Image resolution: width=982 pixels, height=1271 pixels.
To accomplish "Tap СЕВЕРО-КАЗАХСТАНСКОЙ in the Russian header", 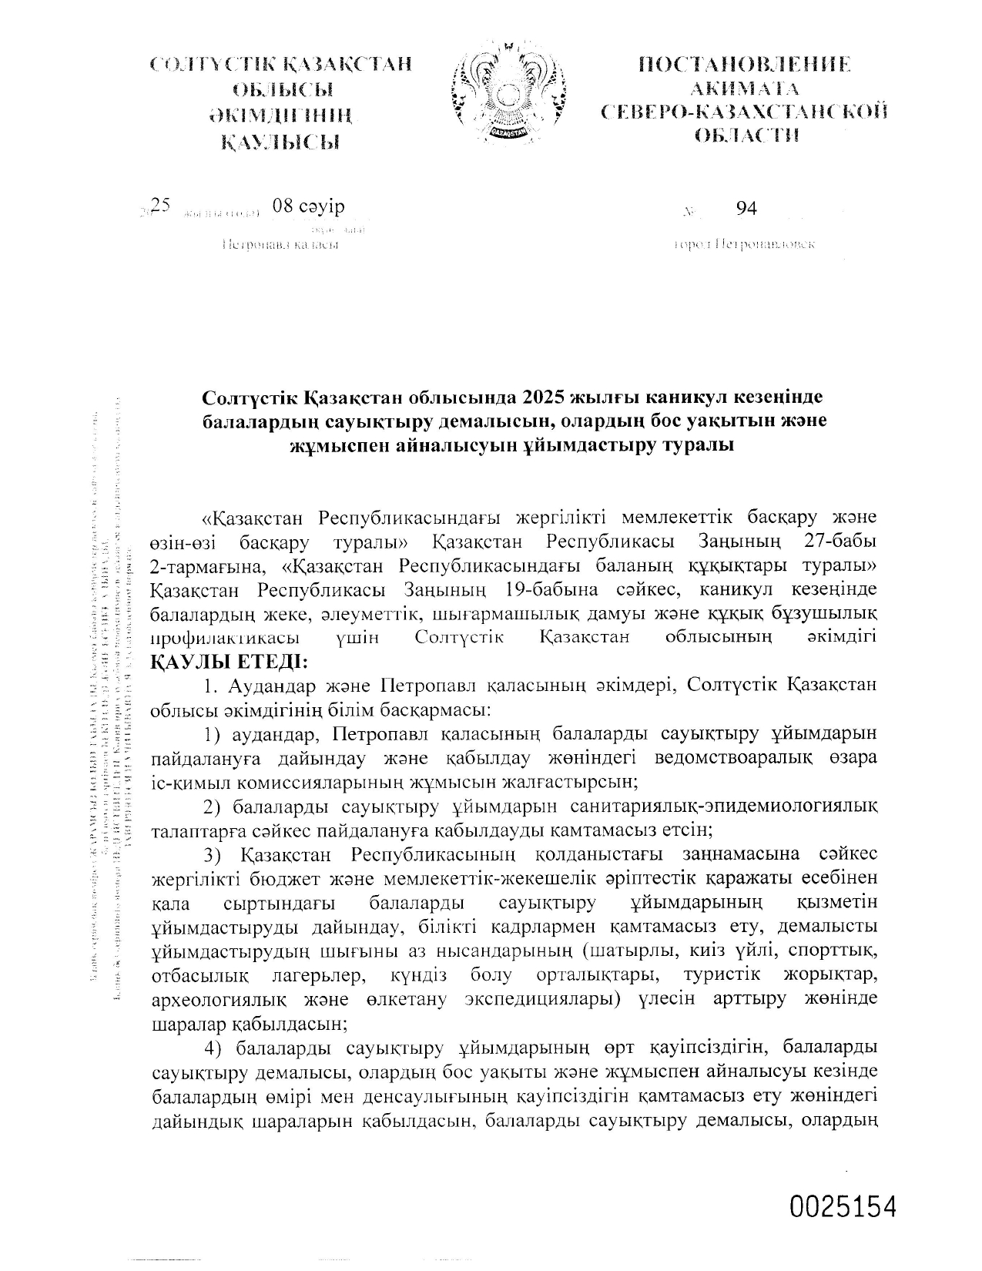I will point(744,112).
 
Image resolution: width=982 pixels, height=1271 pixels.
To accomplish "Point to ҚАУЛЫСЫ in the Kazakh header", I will point(280,142).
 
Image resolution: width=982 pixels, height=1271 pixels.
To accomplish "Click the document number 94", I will point(746,208).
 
